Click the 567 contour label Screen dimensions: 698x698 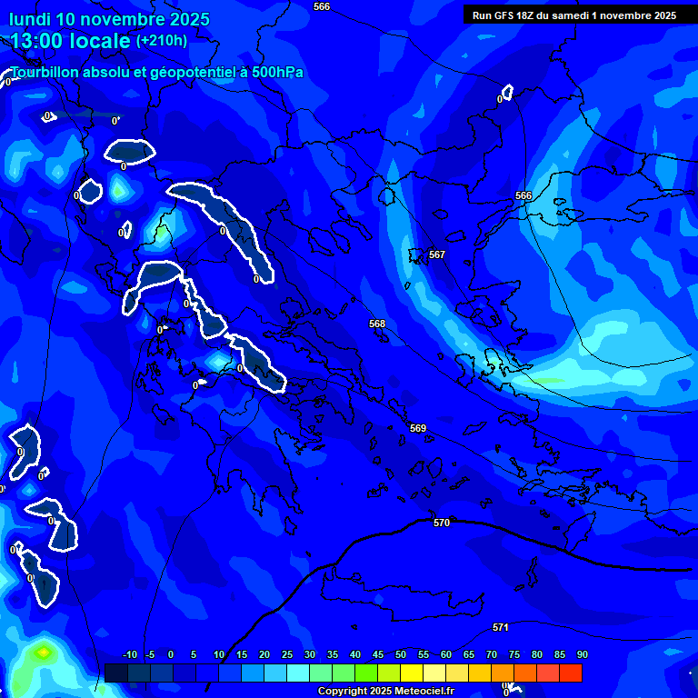click(x=437, y=255)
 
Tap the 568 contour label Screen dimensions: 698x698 click(x=377, y=324)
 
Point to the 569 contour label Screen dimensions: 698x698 click(x=418, y=428)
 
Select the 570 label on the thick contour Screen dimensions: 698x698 click(x=442, y=523)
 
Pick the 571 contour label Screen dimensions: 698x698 click(x=501, y=628)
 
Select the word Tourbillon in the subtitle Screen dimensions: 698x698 click(x=46, y=73)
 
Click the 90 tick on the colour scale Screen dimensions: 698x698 click(x=582, y=655)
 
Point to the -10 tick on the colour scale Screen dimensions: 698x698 click(x=129, y=655)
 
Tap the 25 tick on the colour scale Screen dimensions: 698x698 click(x=287, y=655)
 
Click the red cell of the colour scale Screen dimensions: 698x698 click(x=571, y=673)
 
